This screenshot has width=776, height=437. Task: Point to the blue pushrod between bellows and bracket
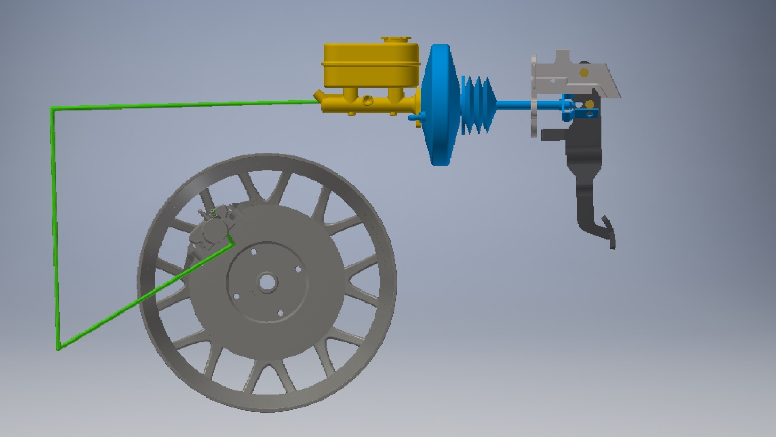[513, 105]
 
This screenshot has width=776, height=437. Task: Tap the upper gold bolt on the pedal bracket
[584, 72]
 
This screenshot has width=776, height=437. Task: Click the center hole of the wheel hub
[266, 282]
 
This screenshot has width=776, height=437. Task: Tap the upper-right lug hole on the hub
[297, 269]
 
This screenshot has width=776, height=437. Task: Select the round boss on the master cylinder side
[367, 100]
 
